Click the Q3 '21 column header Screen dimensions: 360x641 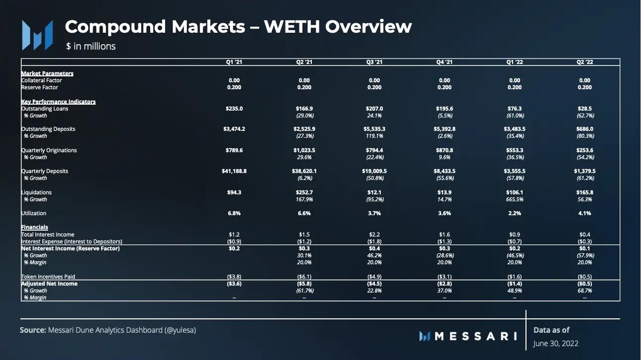pos(374,62)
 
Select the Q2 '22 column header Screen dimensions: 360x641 pos(585,62)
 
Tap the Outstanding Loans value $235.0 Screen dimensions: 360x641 pos(234,109)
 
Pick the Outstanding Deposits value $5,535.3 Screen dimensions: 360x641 pos(374,129)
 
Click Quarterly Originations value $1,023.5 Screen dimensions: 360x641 pos(304,150)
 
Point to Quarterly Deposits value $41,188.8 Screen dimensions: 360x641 pos(234,171)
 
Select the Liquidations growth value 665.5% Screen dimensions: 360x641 pos(515,199)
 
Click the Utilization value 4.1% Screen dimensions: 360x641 pos(585,213)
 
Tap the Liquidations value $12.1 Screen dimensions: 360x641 pos(374,192)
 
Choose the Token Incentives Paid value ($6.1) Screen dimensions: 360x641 pos(304,277)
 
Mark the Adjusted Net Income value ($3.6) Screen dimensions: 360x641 pos(234,284)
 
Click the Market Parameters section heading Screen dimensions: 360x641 pos(47,73)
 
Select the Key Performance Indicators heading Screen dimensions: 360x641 pos(58,102)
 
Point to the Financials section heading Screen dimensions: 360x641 pos(34,227)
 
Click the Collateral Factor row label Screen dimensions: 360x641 pos(42,80)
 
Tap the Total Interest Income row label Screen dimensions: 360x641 pos(48,235)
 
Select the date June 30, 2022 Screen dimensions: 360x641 pos(556,343)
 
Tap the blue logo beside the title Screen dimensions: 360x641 pos(37,35)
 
